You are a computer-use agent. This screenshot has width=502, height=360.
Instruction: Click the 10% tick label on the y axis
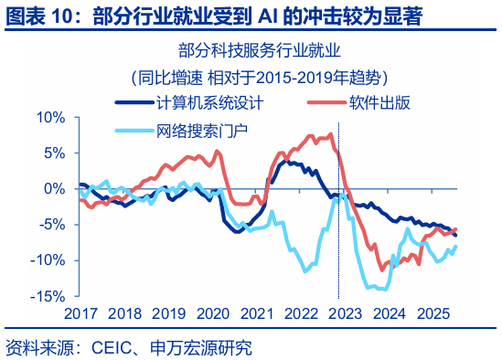click(51, 117)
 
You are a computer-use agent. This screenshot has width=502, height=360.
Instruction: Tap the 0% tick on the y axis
click(55, 188)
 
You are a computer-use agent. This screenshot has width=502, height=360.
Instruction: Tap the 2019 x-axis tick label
click(167, 312)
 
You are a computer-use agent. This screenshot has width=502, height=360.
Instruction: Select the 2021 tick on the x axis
click(255, 312)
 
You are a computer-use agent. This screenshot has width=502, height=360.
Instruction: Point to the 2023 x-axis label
click(344, 312)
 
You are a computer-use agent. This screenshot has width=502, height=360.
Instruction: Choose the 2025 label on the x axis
click(432, 312)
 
